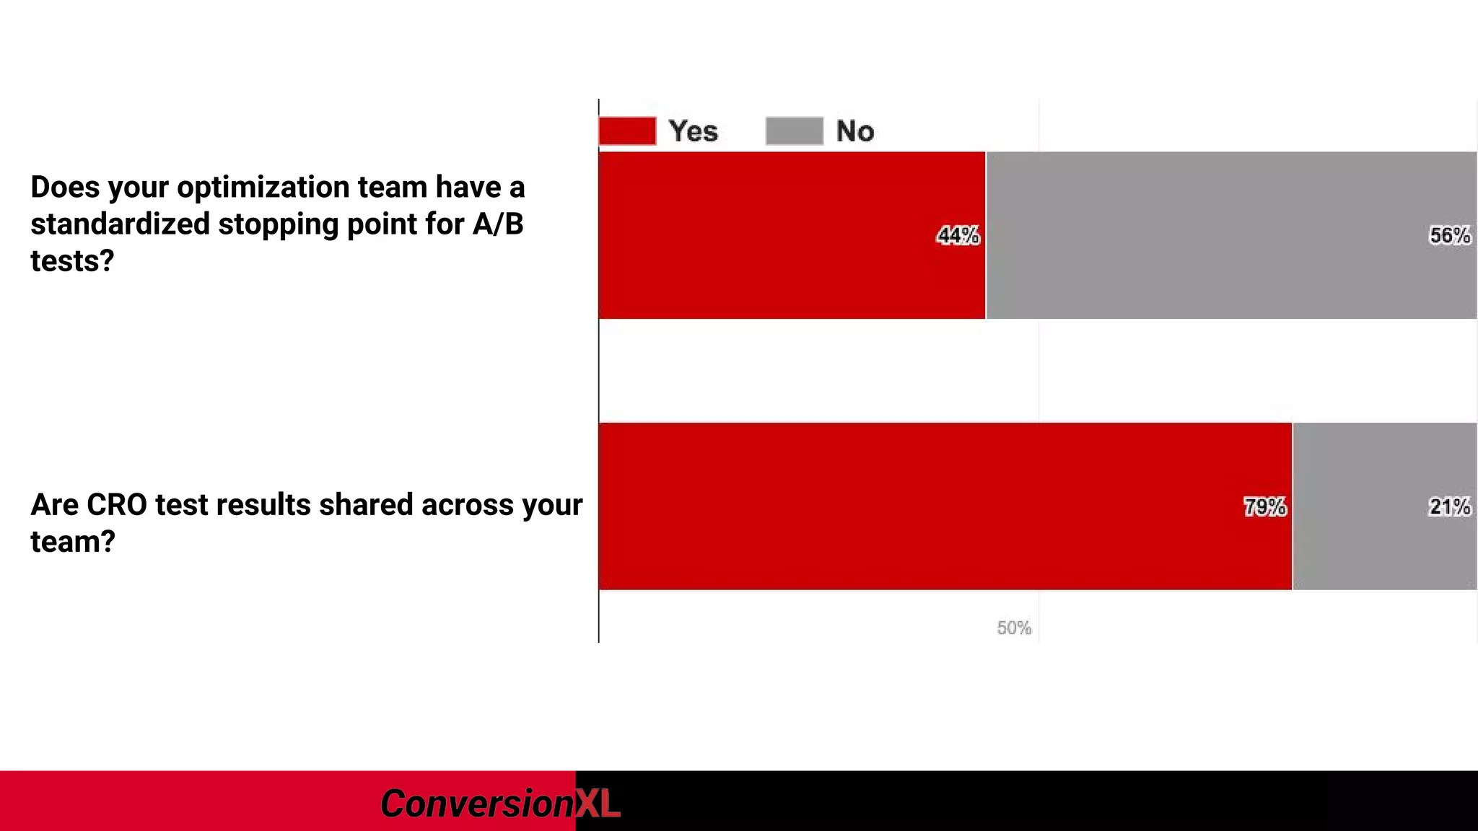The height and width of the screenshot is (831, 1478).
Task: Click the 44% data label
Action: pos(958,236)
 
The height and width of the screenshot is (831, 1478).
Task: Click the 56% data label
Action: pos(1449,236)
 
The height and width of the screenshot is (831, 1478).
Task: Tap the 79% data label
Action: pos(1264,507)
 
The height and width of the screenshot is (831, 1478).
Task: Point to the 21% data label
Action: pos(1449,507)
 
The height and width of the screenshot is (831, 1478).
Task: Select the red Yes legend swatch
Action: pos(627,131)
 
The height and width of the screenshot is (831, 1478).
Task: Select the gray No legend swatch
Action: pos(794,131)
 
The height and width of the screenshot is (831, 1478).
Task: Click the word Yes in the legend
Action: pos(693,131)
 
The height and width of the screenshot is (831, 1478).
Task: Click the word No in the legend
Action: pos(854,131)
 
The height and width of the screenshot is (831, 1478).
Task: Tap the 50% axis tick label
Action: pos(1013,628)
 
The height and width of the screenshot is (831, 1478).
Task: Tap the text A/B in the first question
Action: pos(498,224)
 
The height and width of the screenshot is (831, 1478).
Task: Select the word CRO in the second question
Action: pos(117,505)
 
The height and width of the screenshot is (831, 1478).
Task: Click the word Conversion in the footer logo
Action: pos(476,804)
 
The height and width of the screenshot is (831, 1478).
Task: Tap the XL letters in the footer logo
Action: pos(598,804)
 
